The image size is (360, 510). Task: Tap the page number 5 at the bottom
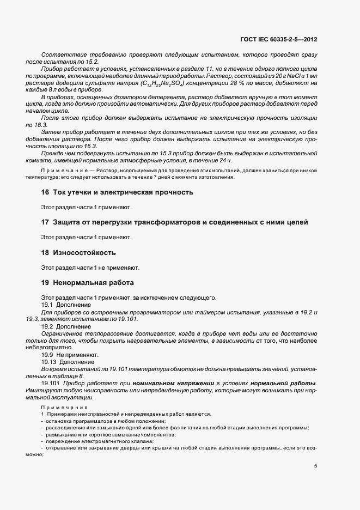click(x=316, y=466)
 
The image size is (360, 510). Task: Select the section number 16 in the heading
click(x=45, y=192)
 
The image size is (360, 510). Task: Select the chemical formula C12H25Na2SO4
click(x=161, y=83)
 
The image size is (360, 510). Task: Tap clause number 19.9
click(x=48, y=355)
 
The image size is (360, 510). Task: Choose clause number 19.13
click(x=50, y=362)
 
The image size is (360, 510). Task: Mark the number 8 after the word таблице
click(x=82, y=376)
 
